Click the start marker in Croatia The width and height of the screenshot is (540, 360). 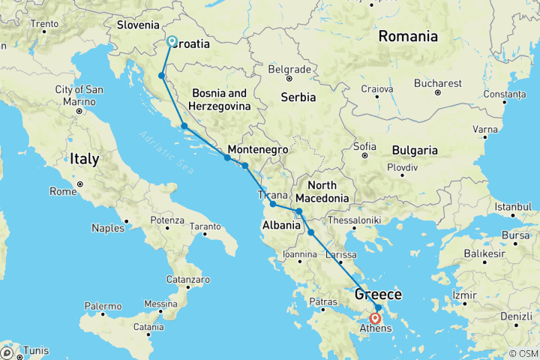pyautogui.click(x=171, y=42)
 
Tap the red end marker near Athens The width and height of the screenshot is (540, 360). pyautogui.click(x=376, y=318)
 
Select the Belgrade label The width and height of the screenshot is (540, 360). pyautogui.click(x=289, y=69)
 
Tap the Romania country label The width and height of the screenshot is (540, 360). pyautogui.click(x=408, y=36)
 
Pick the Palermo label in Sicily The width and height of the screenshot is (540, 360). pyautogui.click(x=103, y=306)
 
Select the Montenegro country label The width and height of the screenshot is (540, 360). pyautogui.click(x=258, y=149)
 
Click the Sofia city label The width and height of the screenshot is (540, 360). pyautogui.click(x=364, y=145)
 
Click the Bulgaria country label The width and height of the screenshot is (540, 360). pyautogui.click(x=412, y=150)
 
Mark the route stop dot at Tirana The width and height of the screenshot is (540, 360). pyautogui.click(x=273, y=204)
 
